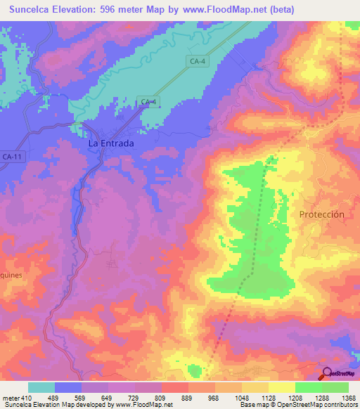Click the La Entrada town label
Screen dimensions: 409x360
[x=110, y=143]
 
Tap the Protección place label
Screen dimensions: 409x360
[x=322, y=214]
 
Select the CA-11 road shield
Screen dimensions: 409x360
[x=12, y=157]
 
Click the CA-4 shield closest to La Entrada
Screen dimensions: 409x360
[x=148, y=103]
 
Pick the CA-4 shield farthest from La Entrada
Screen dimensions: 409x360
[x=198, y=62]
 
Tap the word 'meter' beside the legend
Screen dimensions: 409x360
[x=10, y=397]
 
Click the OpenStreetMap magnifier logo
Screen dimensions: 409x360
[x=327, y=375]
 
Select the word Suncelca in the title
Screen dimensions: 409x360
[x=32, y=9]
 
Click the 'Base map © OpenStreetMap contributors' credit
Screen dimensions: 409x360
[x=299, y=405]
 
